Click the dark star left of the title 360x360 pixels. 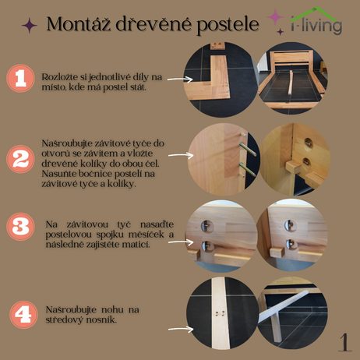pyautogui.click(x=29, y=25)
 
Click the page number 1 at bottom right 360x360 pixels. pyautogui.click(x=345, y=342)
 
